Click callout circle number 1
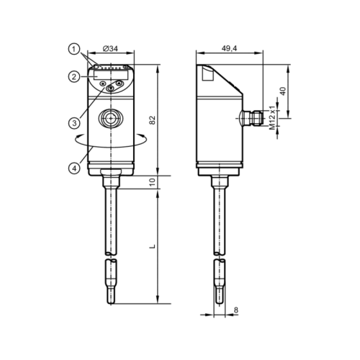[74, 50]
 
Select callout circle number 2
[74, 77]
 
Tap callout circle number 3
[74, 123]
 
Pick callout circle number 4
[74, 168]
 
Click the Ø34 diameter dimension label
[110, 48]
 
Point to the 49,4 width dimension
[229, 48]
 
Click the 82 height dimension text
[153, 120]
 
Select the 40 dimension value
[284, 91]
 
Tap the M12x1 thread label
[272, 117]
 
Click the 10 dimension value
[153, 182]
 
